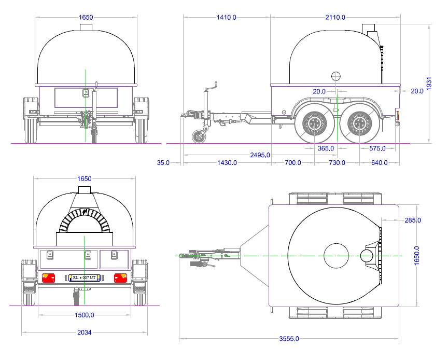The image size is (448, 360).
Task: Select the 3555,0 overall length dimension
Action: tap(289, 339)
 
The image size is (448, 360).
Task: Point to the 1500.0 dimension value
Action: tap(84, 315)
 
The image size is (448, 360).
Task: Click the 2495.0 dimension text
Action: tap(260, 155)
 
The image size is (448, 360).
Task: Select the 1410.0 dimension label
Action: tap(226, 17)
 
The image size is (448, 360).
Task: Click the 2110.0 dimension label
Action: tap(335, 17)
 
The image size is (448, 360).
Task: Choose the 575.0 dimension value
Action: tap(377, 148)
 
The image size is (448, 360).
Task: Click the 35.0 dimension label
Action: tap(163, 163)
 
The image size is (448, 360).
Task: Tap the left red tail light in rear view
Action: tap(48, 279)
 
